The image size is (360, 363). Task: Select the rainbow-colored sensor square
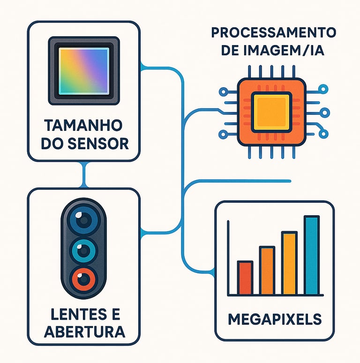(84, 71)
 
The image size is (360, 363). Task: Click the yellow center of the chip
(271, 112)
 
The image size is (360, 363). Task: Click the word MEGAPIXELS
(275, 319)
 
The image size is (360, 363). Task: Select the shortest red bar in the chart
(245, 278)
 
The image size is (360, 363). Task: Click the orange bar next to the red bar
(267, 271)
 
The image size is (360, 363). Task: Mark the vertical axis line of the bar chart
(228, 258)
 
